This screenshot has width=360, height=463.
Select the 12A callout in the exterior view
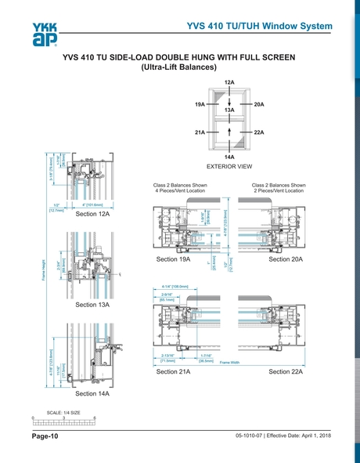(x=229, y=82)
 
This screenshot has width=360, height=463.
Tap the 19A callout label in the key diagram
(x=200, y=103)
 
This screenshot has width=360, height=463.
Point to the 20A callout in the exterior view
(x=259, y=103)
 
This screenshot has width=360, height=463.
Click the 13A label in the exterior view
(x=229, y=111)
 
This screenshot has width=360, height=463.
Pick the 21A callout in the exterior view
(x=200, y=132)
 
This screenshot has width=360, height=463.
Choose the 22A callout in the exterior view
(x=259, y=132)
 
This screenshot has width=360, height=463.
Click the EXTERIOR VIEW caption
(x=229, y=167)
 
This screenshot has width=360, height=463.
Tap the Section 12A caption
(x=92, y=213)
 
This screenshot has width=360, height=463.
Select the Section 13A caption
(x=92, y=304)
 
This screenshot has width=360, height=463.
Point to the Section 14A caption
(x=92, y=393)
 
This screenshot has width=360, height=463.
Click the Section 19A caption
(x=174, y=259)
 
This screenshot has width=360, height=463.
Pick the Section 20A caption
(x=286, y=259)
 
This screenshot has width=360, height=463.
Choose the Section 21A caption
(x=174, y=371)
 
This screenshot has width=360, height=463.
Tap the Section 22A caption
(x=286, y=371)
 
